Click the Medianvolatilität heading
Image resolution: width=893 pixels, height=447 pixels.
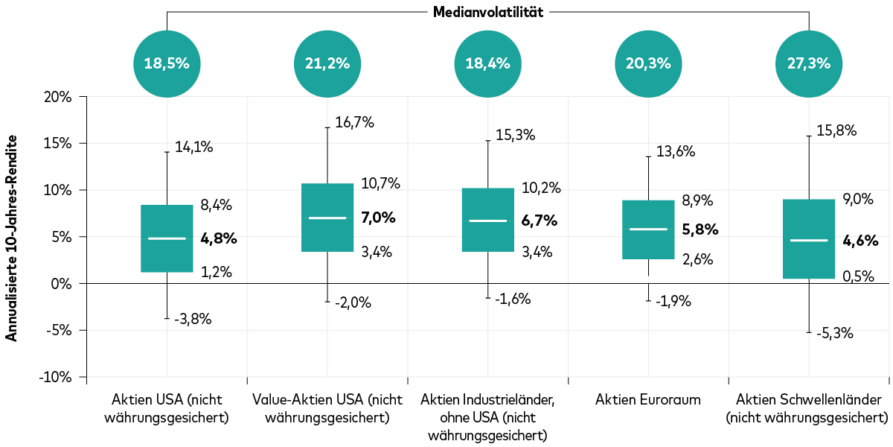click(x=487, y=12)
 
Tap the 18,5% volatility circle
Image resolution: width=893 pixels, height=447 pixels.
click(x=167, y=63)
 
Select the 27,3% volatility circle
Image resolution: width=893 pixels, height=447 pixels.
click(x=808, y=63)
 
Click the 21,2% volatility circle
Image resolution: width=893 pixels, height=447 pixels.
click(x=327, y=63)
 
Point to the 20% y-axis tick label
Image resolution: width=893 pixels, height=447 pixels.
click(x=57, y=97)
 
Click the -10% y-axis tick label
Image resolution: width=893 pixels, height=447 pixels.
click(x=55, y=377)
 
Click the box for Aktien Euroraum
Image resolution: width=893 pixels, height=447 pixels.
click(x=648, y=229)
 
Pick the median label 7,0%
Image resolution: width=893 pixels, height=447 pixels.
click(x=378, y=218)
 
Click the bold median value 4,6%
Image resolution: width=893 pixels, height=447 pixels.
click(x=860, y=241)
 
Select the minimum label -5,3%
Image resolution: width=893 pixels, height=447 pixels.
click(x=834, y=334)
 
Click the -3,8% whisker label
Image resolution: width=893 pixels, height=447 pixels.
click(x=193, y=319)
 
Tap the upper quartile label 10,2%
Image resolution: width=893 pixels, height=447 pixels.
click(x=542, y=188)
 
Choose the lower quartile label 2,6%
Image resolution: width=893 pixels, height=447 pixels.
click(x=697, y=259)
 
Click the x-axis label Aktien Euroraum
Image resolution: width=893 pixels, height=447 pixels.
click(x=648, y=399)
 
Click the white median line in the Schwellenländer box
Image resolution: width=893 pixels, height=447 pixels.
click(x=808, y=241)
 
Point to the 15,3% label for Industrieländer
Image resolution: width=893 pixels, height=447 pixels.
click(x=516, y=136)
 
